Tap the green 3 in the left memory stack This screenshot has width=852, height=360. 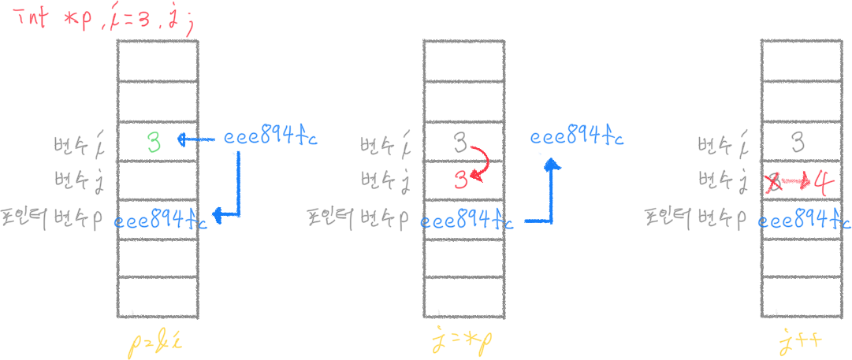click(x=154, y=142)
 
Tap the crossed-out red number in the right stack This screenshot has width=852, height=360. click(x=776, y=184)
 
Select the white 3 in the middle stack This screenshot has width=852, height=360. click(x=461, y=143)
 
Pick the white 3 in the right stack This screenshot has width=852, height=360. click(x=798, y=143)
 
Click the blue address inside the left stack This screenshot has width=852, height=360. click(x=161, y=221)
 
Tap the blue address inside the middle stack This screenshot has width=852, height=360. click(x=467, y=221)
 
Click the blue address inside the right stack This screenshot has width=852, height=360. click(x=802, y=221)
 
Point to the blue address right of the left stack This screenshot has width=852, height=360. click(x=270, y=138)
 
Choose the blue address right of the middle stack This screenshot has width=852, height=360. click(x=576, y=138)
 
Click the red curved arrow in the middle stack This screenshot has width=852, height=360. click(x=482, y=161)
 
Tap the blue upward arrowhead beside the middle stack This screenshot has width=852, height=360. click(x=552, y=164)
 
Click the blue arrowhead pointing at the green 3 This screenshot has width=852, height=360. click(x=182, y=140)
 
